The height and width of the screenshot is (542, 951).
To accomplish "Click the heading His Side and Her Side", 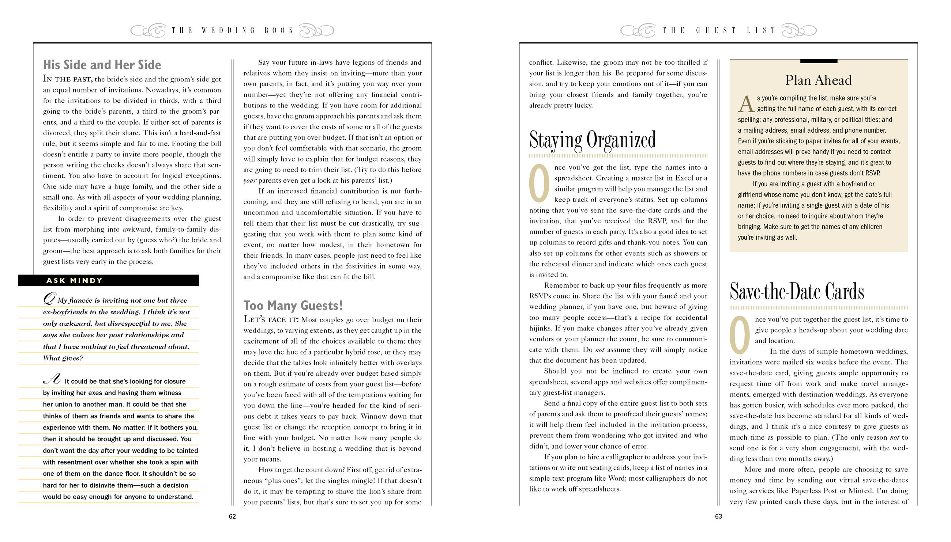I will (x=102, y=65).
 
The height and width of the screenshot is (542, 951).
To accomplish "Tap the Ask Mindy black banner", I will (x=108, y=280).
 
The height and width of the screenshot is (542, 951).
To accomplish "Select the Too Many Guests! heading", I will (x=293, y=306).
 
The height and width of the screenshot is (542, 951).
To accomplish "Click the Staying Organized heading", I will (x=592, y=140).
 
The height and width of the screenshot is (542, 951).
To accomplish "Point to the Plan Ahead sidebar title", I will (x=818, y=80).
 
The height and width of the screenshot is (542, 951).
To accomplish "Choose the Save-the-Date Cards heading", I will (x=796, y=292).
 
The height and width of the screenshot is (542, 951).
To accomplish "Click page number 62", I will (x=232, y=516).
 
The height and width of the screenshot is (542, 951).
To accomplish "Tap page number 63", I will (x=718, y=516).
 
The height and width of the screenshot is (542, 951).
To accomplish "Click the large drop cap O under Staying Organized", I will (x=539, y=183).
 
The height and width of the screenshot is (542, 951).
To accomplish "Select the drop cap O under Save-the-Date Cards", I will (x=740, y=335).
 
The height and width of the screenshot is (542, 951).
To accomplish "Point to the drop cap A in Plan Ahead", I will (x=746, y=104).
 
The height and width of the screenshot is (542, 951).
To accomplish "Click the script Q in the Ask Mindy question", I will (x=49, y=299).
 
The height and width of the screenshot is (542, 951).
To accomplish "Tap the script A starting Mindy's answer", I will (x=52, y=380).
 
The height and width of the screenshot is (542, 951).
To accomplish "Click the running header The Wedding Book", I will (x=232, y=30).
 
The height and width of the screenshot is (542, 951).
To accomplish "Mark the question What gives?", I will (x=63, y=358).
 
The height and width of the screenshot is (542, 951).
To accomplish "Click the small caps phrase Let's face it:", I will (x=271, y=319).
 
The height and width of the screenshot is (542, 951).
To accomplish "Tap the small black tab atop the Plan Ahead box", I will (x=818, y=61).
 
